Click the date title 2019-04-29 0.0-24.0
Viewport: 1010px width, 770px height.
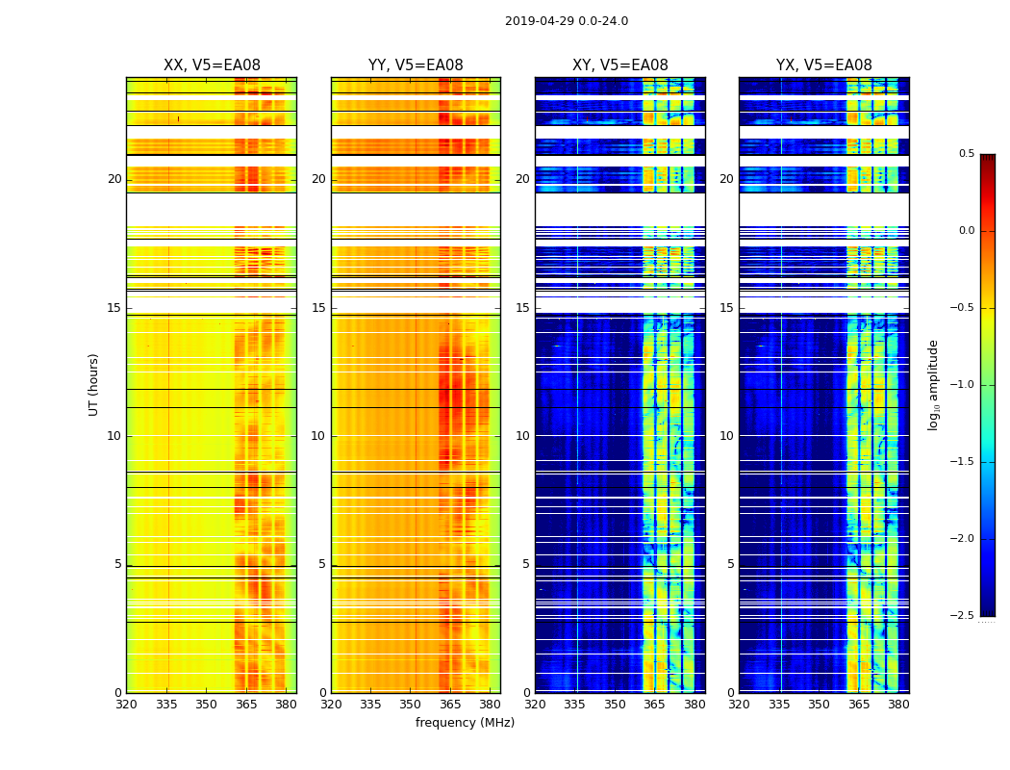(566, 21)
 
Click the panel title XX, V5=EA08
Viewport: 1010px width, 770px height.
(212, 65)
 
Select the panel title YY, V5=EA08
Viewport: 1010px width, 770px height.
(416, 65)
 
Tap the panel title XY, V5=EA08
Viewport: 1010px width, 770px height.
(619, 65)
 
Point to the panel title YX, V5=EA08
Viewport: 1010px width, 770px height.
(823, 65)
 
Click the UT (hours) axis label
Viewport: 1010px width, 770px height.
(94, 384)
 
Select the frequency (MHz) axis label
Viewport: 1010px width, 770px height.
(465, 723)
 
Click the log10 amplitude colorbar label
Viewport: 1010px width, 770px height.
(933, 384)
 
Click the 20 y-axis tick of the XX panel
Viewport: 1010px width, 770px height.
(114, 179)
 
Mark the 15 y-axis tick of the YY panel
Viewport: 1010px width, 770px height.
(319, 308)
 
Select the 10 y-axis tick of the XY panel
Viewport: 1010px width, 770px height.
(522, 436)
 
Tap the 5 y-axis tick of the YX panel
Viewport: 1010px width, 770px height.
(730, 564)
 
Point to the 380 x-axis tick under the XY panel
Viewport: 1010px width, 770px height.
(694, 704)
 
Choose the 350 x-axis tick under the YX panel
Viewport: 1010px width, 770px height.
(819, 704)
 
